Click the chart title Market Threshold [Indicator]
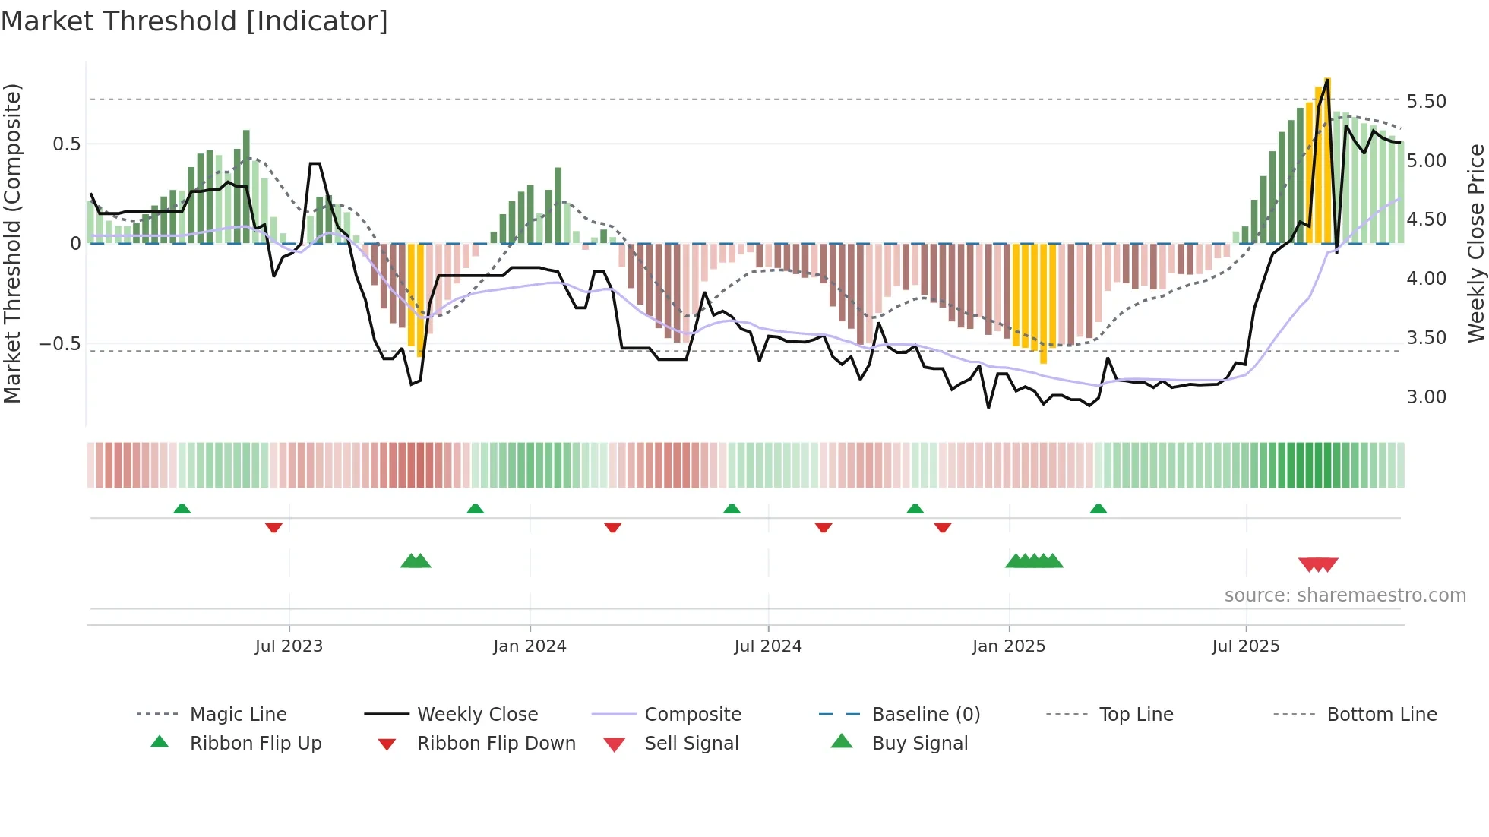(194, 21)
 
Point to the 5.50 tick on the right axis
(1426, 101)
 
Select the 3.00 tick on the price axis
(1426, 396)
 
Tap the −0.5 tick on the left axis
(60, 343)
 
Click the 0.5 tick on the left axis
(66, 144)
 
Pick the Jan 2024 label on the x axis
(530, 646)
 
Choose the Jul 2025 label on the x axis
(1245, 646)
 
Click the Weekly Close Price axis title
(1475, 243)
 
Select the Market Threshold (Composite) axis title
(12, 243)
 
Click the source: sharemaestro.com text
(1345, 595)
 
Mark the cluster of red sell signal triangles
(1318, 564)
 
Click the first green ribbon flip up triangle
(182, 509)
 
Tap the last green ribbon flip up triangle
(1098, 509)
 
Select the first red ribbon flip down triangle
(273, 527)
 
